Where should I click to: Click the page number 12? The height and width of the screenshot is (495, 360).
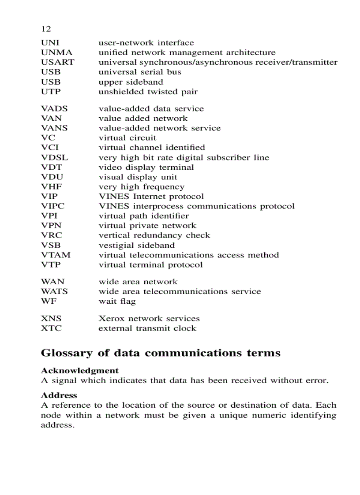click(x=46, y=29)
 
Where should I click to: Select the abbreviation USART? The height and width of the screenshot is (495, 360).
click(x=57, y=62)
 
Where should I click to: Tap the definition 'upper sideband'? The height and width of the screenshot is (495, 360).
click(x=131, y=82)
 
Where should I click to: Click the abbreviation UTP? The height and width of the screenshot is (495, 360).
click(x=51, y=92)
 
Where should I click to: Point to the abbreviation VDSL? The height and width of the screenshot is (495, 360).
click(x=54, y=157)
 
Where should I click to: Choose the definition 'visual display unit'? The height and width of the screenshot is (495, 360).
click(x=138, y=177)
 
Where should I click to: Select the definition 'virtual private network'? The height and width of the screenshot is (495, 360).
click(x=147, y=226)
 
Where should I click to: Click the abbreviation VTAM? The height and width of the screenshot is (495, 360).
click(x=56, y=255)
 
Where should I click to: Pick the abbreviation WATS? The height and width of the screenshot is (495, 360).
click(x=54, y=291)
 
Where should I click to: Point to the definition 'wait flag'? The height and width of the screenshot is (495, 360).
click(x=117, y=301)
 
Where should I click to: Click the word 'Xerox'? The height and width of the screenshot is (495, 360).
click(x=112, y=318)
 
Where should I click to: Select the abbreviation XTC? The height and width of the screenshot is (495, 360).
click(x=51, y=328)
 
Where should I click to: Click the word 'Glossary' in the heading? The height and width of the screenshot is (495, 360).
click(x=67, y=354)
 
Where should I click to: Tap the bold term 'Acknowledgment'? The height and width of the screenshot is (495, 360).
click(x=79, y=371)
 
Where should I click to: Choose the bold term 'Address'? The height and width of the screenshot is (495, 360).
click(x=59, y=395)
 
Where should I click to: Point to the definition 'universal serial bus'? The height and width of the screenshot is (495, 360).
click(x=139, y=72)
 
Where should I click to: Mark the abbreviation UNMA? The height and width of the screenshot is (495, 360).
click(x=56, y=52)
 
